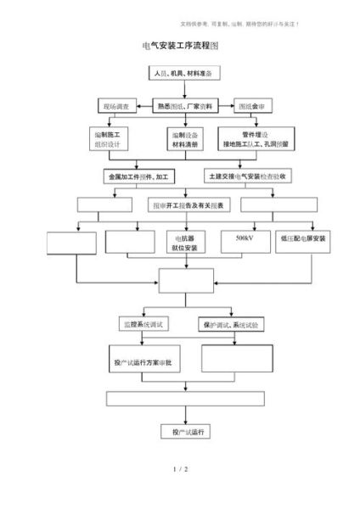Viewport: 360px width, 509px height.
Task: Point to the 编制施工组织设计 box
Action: pyautogui.click(x=110, y=138)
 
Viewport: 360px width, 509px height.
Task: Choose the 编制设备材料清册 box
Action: pyautogui.click(x=184, y=139)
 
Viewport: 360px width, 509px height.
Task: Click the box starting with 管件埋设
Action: pyautogui.click(x=254, y=138)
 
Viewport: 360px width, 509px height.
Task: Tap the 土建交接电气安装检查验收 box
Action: pyautogui.click(x=251, y=177)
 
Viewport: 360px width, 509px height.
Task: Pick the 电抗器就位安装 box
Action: pyautogui.click(x=184, y=243)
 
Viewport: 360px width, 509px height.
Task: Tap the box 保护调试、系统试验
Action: pyautogui.click(x=232, y=324)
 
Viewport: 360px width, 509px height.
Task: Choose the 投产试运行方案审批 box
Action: pyautogui.click(x=142, y=362)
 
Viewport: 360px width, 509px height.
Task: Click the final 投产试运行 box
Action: pyautogui.click(x=185, y=433)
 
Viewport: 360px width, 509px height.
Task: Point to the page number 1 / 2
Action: pyautogui.click(x=179, y=468)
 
